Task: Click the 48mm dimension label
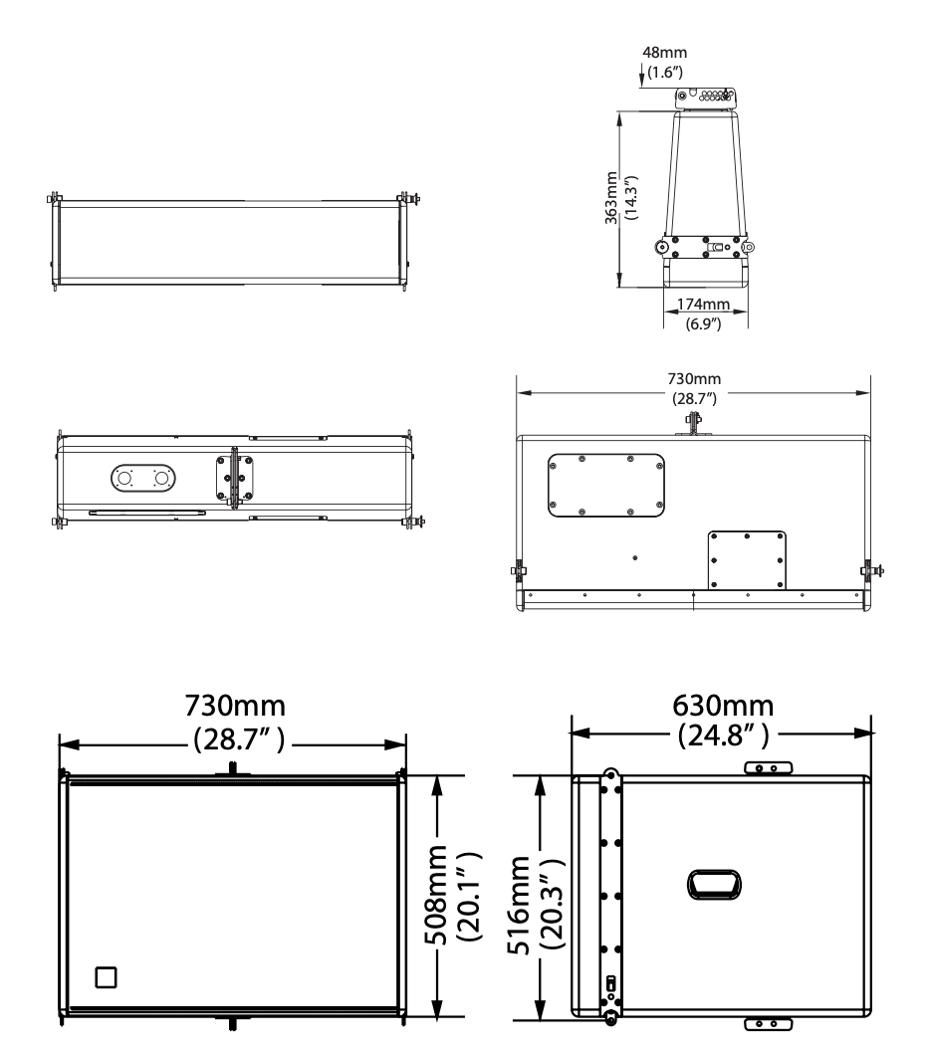click(x=664, y=53)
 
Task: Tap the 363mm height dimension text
click(x=610, y=198)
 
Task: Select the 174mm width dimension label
click(x=703, y=305)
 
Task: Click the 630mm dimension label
click(x=723, y=706)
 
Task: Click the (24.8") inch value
click(x=723, y=736)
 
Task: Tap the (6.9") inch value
click(x=703, y=323)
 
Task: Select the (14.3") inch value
click(x=631, y=198)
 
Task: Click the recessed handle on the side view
click(x=714, y=885)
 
